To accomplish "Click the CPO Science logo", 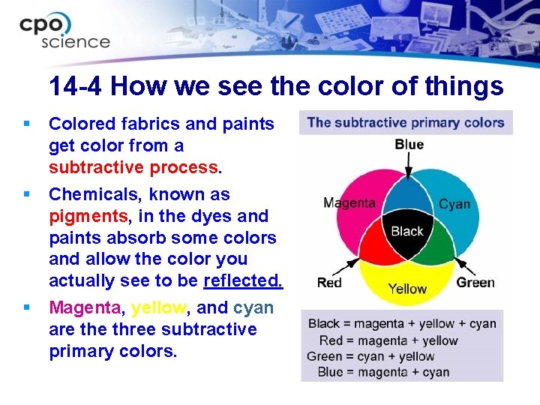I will coord(65,31).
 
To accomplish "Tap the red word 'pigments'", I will coord(83,216).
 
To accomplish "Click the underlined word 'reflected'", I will coord(242,280).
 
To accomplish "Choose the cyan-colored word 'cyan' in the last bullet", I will coord(253,307).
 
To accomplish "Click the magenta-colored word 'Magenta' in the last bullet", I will coord(82,307).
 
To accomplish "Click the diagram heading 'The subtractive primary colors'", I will coord(406,122).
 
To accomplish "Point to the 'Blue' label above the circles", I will coord(409,144).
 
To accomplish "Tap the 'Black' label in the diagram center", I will coord(407,231).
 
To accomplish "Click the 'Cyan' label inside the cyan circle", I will coord(454,204).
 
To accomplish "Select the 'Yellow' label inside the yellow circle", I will coord(407,289).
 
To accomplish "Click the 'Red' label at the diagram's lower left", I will coord(329,282).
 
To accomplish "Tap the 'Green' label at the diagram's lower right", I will coord(475,282).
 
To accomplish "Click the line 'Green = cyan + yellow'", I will coord(371,356).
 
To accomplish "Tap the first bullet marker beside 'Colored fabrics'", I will coord(27,122).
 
